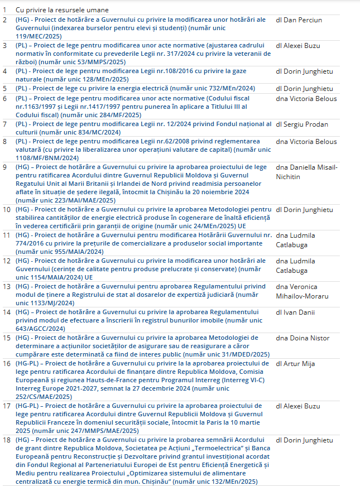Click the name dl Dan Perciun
(299, 20)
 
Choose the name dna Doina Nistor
(303, 338)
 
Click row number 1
(4, 10)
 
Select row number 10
(6, 210)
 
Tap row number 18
(6, 440)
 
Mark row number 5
(4, 88)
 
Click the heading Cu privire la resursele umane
(62, 10)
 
